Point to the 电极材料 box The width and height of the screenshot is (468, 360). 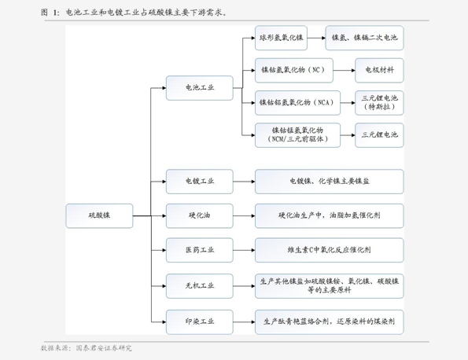(x=379, y=70)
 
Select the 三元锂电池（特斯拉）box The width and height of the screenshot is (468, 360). (x=379, y=102)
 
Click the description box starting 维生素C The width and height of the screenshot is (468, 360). (x=329, y=250)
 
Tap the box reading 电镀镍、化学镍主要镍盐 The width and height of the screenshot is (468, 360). (x=329, y=182)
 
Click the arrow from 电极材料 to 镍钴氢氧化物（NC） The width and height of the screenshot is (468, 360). (x=344, y=70)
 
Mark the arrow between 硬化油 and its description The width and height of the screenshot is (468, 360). (x=244, y=215)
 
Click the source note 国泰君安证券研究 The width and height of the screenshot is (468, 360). (x=103, y=347)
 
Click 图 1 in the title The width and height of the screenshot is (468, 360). (x=50, y=13)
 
